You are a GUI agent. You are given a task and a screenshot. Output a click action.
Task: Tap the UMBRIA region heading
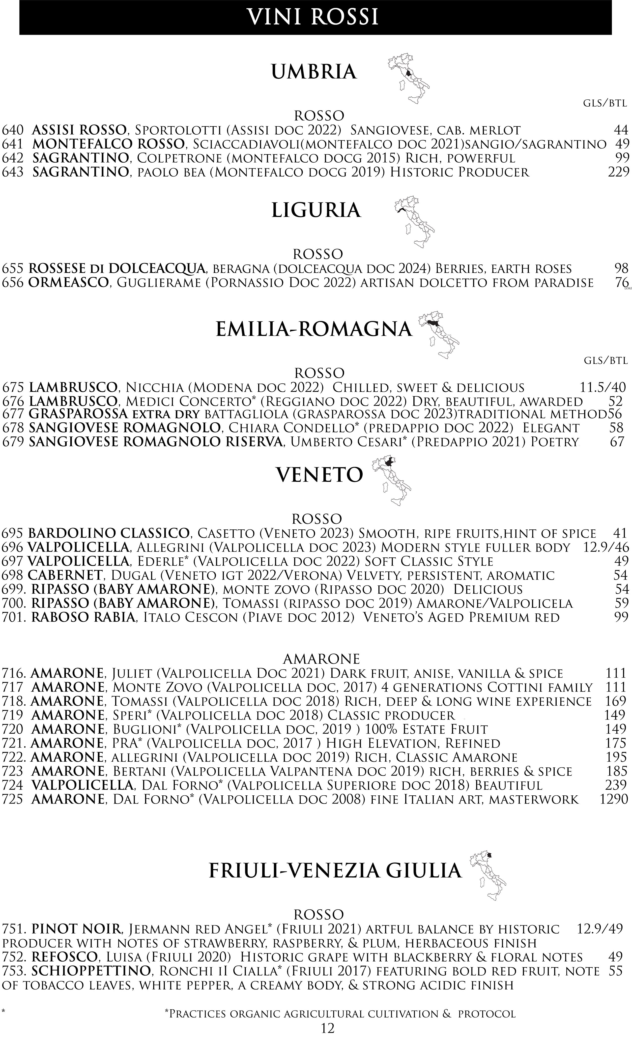click(314, 72)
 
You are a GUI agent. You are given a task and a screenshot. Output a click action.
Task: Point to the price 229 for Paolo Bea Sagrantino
click(618, 172)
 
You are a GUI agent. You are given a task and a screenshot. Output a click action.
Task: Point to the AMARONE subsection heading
click(321, 659)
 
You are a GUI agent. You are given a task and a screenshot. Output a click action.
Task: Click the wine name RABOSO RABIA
click(84, 618)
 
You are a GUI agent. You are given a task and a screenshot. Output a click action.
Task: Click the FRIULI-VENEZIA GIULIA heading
click(335, 871)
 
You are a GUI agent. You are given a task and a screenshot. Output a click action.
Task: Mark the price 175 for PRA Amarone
click(616, 743)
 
